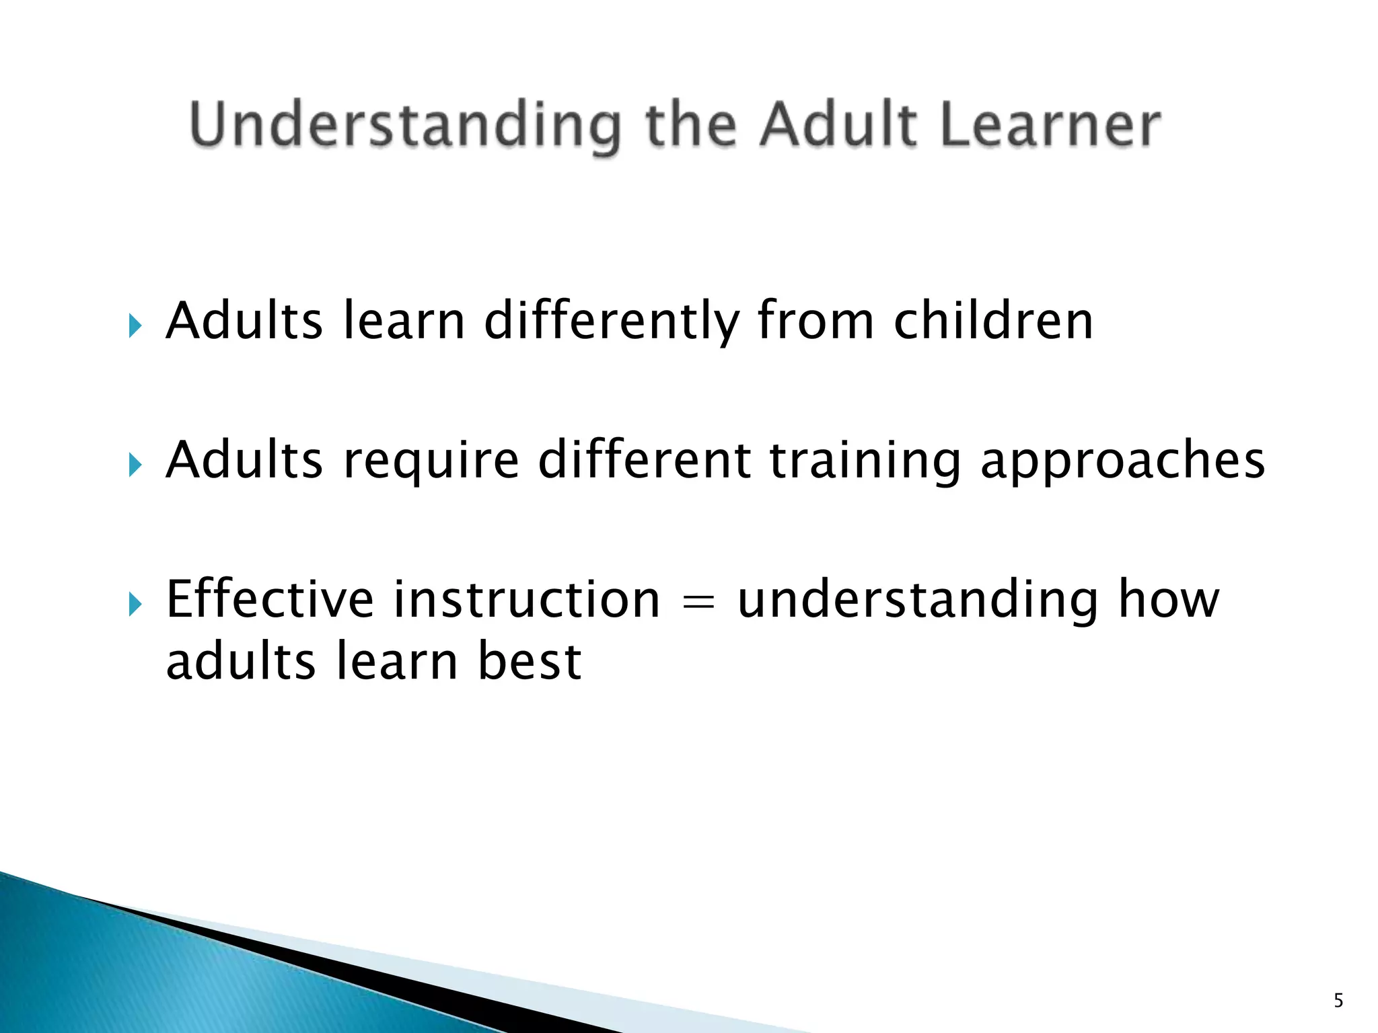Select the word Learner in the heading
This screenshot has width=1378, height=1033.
point(1050,126)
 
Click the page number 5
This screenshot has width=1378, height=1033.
point(1338,1001)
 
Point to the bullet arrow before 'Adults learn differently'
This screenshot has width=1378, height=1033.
point(135,327)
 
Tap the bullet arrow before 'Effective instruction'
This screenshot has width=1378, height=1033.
point(135,605)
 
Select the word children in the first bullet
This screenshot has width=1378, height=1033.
point(993,321)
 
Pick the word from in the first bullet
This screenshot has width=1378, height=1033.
point(815,321)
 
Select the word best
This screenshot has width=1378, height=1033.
point(530,662)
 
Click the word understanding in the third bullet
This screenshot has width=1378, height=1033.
point(918,601)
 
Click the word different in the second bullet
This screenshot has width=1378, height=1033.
point(644,460)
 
